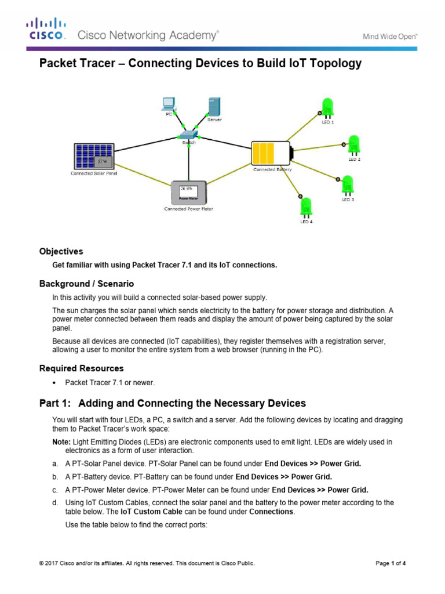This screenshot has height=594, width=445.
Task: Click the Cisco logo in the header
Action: click(x=46, y=29)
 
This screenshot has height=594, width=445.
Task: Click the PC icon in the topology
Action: click(x=169, y=104)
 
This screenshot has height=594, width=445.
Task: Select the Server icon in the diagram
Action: click(x=214, y=106)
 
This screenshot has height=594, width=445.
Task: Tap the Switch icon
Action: click(x=188, y=136)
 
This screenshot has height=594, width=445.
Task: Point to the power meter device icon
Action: click(x=188, y=192)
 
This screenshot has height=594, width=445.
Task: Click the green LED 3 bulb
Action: click(x=348, y=185)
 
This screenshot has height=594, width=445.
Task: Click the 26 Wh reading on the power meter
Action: click(x=186, y=189)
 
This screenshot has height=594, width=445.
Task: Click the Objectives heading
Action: click(x=61, y=252)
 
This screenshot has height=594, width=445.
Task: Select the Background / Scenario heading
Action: click(x=86, y=284)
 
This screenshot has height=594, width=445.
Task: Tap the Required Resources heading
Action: click(x=81, y=368)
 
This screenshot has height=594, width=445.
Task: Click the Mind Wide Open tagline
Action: click(x=390, y=36)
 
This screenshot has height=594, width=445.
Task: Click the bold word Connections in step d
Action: click(x=272, y=512)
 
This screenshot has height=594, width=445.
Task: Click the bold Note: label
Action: click(x=61, y=442)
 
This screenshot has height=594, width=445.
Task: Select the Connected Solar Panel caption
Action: click(x=94, y=173)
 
